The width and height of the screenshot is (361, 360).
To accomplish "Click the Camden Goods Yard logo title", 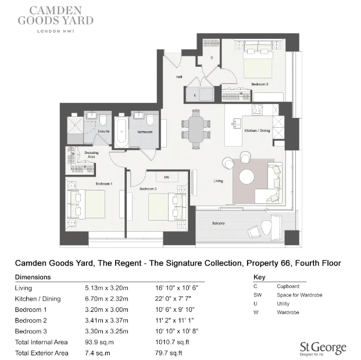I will tap(54, 16).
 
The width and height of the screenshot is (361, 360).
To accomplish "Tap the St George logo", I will tap(323, 348).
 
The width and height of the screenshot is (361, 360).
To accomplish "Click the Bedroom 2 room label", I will tap(259, 84).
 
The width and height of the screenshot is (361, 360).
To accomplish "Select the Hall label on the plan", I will tap(180, 77).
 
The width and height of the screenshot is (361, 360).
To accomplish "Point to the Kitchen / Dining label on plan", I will tap(256, 131).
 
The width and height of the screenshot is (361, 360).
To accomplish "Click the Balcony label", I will tap(218, 224).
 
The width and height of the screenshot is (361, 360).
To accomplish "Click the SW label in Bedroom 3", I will tap(166, 177).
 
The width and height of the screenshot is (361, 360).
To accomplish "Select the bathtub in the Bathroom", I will tap(121, 133).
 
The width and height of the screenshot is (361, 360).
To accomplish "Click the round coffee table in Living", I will tap(249, 177).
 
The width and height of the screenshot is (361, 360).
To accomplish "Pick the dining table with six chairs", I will tap(196, 127).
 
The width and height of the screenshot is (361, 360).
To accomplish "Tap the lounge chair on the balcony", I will tap(256, 231).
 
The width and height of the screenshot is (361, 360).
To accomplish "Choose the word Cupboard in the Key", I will tap(288, 286).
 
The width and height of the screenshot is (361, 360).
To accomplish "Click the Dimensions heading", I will tap(33, 277).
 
